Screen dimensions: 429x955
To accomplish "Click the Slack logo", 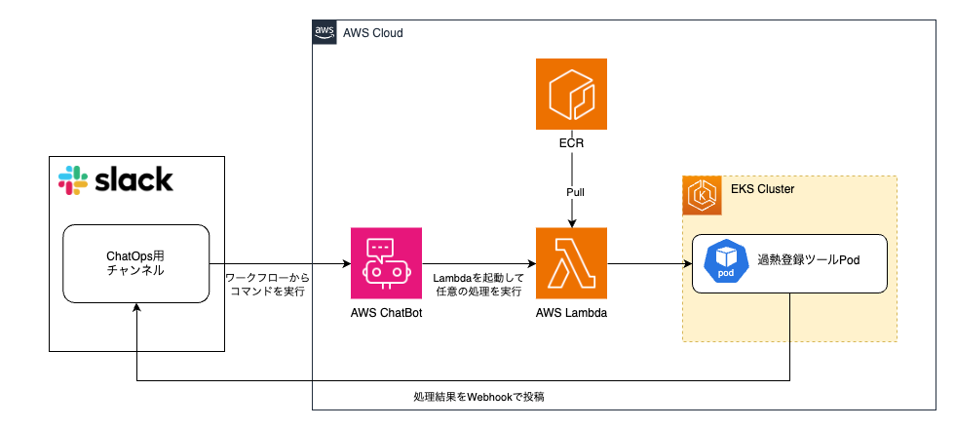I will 115,179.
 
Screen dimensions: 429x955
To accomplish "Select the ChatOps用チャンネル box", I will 136,263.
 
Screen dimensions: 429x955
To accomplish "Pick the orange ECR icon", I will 571,95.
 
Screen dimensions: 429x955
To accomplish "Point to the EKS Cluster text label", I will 762,189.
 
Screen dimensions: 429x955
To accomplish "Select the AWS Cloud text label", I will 372,33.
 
